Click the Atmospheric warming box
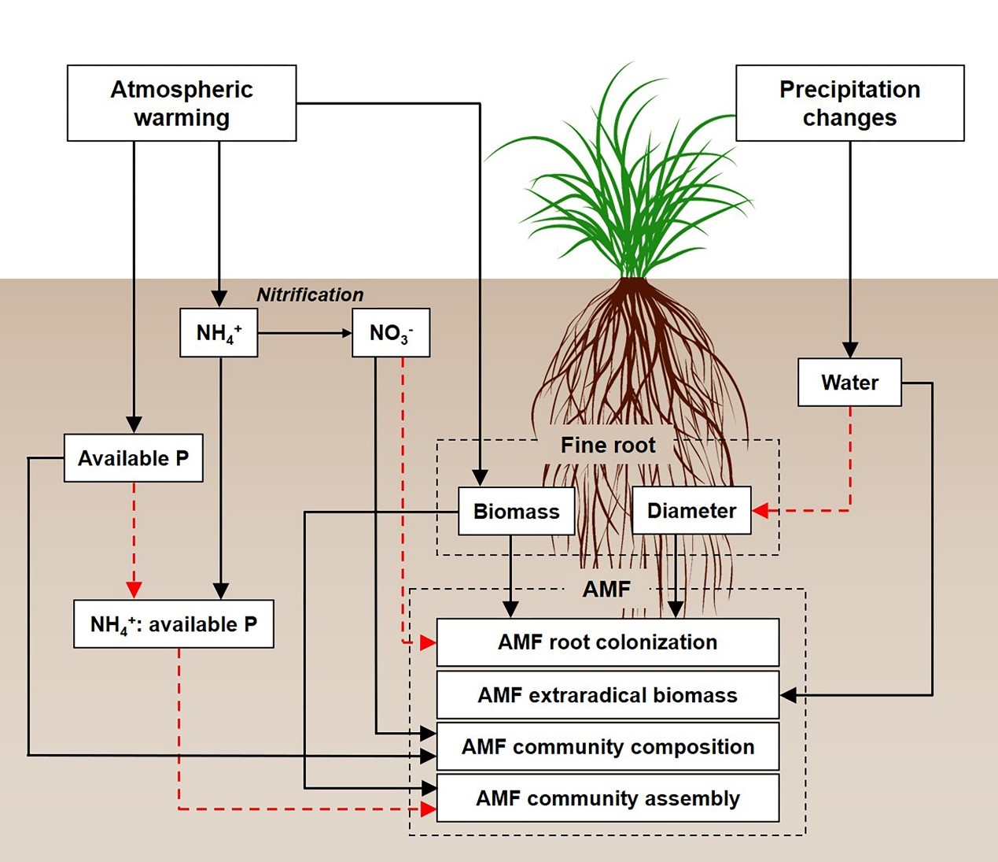[x=182, y=103]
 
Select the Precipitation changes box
[x=849, y=103]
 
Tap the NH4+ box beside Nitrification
[x=219, y=333]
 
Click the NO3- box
[x=391, y=333]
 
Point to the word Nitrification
[x=310, y=294]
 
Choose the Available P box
[x=133, y=458]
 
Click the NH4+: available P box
[x=174, y=624]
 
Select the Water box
[x=849, y=383]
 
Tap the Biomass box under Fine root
[x=516, y=512]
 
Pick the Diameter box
[x=691, y=511]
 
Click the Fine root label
[x=607, y=446]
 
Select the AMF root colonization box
[x=607, y=642]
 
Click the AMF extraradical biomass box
[x=607, y=695]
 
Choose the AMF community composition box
[x=607, y=747]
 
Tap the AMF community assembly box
[x=607, y=798]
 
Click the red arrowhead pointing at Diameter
[x=760, y=511]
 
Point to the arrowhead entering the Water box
[x=849, y=350]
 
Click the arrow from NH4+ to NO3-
[x=304, y=333]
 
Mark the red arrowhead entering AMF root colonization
[x=428, y=643]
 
